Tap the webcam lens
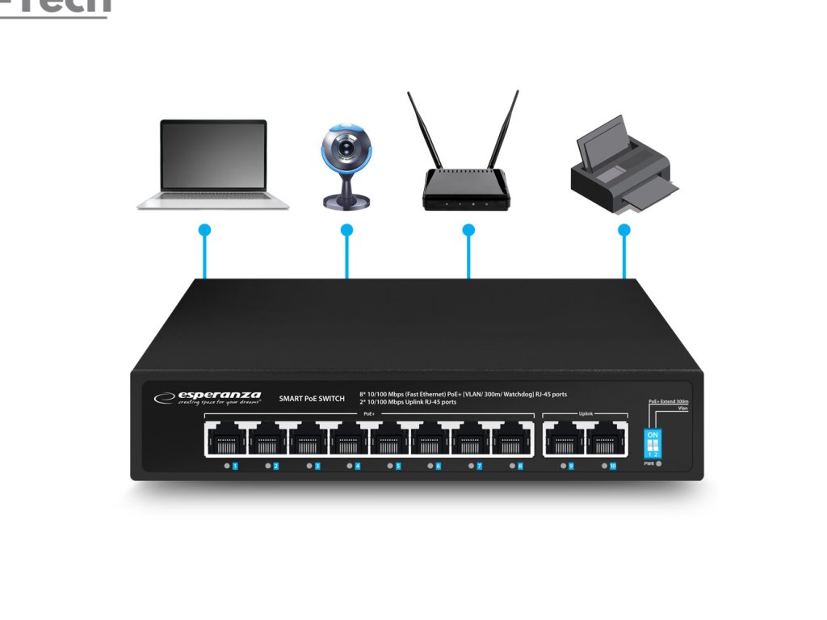pyautogui.click(x=348, y=149)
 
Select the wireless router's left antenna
pyautogui.click(x=424, y=129)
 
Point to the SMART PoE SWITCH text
pyautogui.click(x=312, y=398)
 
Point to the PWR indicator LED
pyautogui.click(x=659, y=464)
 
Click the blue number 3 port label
pyautogui.click(x=317, y=466)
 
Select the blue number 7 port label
pyautogui.click(x=480, y=466)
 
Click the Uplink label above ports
pyautogui.click(x=586, y=413)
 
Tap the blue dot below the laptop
pyautogui.click(x=204, y=230)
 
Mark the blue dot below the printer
pyautogui.click(x=623, y=230)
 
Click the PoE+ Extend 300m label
pyautogui.click(x=668, y=400)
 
